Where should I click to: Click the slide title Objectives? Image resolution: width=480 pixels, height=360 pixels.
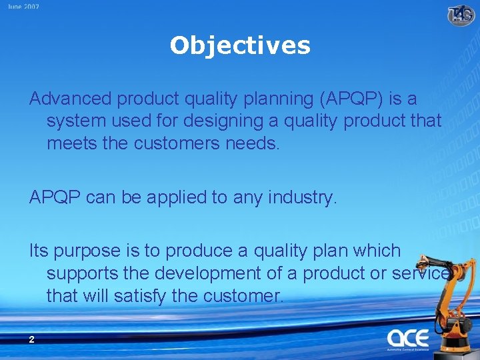pos(240,45)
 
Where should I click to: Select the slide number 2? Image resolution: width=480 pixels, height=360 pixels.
pos(31,339)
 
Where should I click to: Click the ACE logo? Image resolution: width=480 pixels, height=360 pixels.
pos(408,338)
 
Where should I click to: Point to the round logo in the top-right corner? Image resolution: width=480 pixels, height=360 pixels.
pos(461,14)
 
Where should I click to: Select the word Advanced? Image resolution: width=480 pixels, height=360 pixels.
pos(71,99)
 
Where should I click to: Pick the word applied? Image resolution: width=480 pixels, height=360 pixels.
pos(154,197)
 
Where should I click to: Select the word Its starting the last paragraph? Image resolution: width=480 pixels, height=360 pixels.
pos(38,251)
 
